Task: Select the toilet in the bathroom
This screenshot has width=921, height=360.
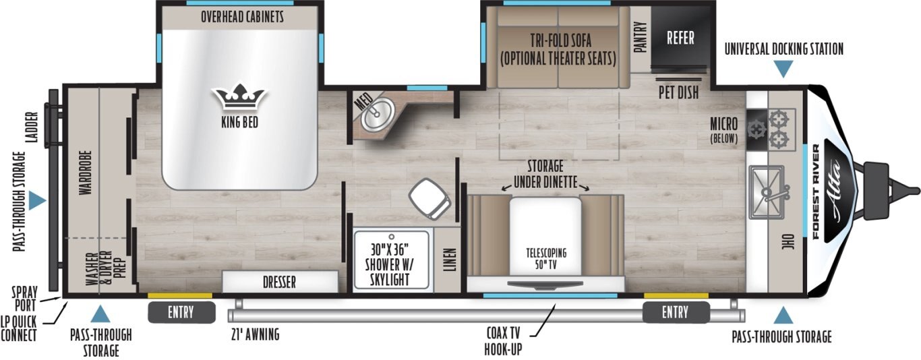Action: pyautogui.click(x=429, y=197)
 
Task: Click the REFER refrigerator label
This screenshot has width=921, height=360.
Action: pyautogui.click(x=680, y=37)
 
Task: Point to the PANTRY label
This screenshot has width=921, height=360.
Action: pyautogui.click(x=640, y=37)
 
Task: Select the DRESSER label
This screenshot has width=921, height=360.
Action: pyautogui.click(x=279, y=282)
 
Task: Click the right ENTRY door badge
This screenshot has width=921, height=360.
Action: pyautogui.click(x=675, y=312)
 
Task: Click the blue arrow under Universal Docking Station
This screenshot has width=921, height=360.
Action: pyautogui.click(x=783, y=69)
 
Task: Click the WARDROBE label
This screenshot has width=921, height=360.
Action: pyautogui.click(x=85, y=172)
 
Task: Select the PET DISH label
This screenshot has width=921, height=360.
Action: pyautogui.click(x=678, y=92)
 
